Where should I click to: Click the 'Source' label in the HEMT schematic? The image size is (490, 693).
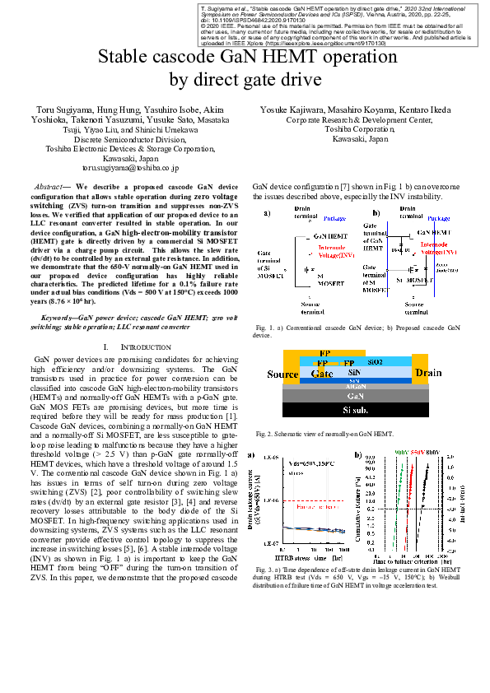[x=282, y=374]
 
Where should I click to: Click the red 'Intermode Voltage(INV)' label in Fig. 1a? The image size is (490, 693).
[x=334, y=252]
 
